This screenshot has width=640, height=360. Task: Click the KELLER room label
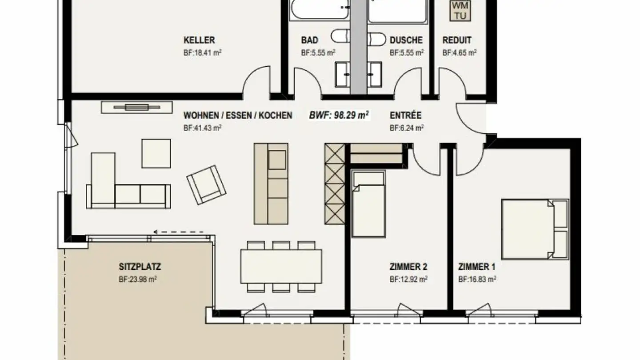199,40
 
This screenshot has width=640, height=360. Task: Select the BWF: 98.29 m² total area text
340,116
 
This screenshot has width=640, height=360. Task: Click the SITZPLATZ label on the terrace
140,267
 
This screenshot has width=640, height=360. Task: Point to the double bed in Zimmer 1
535,229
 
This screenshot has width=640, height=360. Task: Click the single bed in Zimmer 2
368,204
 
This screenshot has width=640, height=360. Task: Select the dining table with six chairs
281,266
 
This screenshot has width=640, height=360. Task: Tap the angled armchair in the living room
206,184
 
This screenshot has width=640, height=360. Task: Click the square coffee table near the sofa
156,153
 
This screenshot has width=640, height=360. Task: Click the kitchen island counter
271,183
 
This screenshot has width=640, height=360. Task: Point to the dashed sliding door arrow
179,232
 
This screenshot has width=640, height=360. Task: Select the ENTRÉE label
405,116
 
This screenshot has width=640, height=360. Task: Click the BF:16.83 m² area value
477,280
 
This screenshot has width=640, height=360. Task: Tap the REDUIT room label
456,40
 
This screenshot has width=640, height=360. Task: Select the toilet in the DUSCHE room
376,39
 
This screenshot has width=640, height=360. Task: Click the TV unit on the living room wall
137,107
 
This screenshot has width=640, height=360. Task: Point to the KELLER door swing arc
256,80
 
